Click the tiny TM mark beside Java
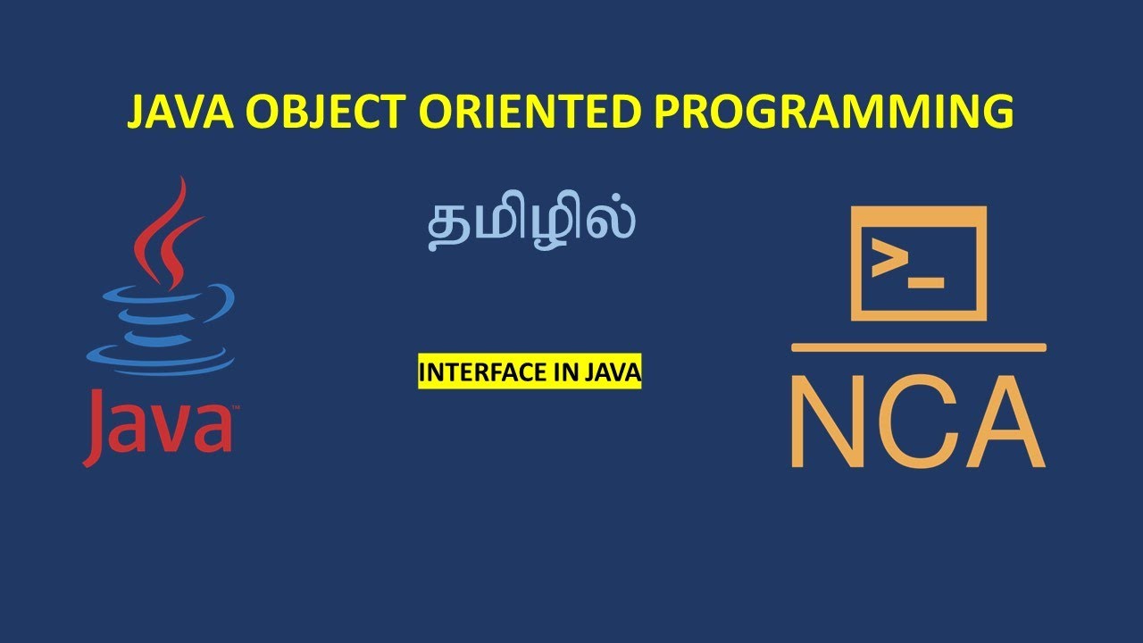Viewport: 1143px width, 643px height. (x=235, y=408)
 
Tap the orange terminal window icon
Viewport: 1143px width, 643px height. (x=918, y=263)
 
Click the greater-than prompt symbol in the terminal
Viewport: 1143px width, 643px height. (x=889, y=260)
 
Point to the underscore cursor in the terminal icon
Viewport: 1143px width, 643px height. (x=926, y=283)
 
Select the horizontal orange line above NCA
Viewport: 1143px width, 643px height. (x=918, y=347)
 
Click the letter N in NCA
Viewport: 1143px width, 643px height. (x=830, y=423)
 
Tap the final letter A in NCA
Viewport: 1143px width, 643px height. (x=1005, y=423)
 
